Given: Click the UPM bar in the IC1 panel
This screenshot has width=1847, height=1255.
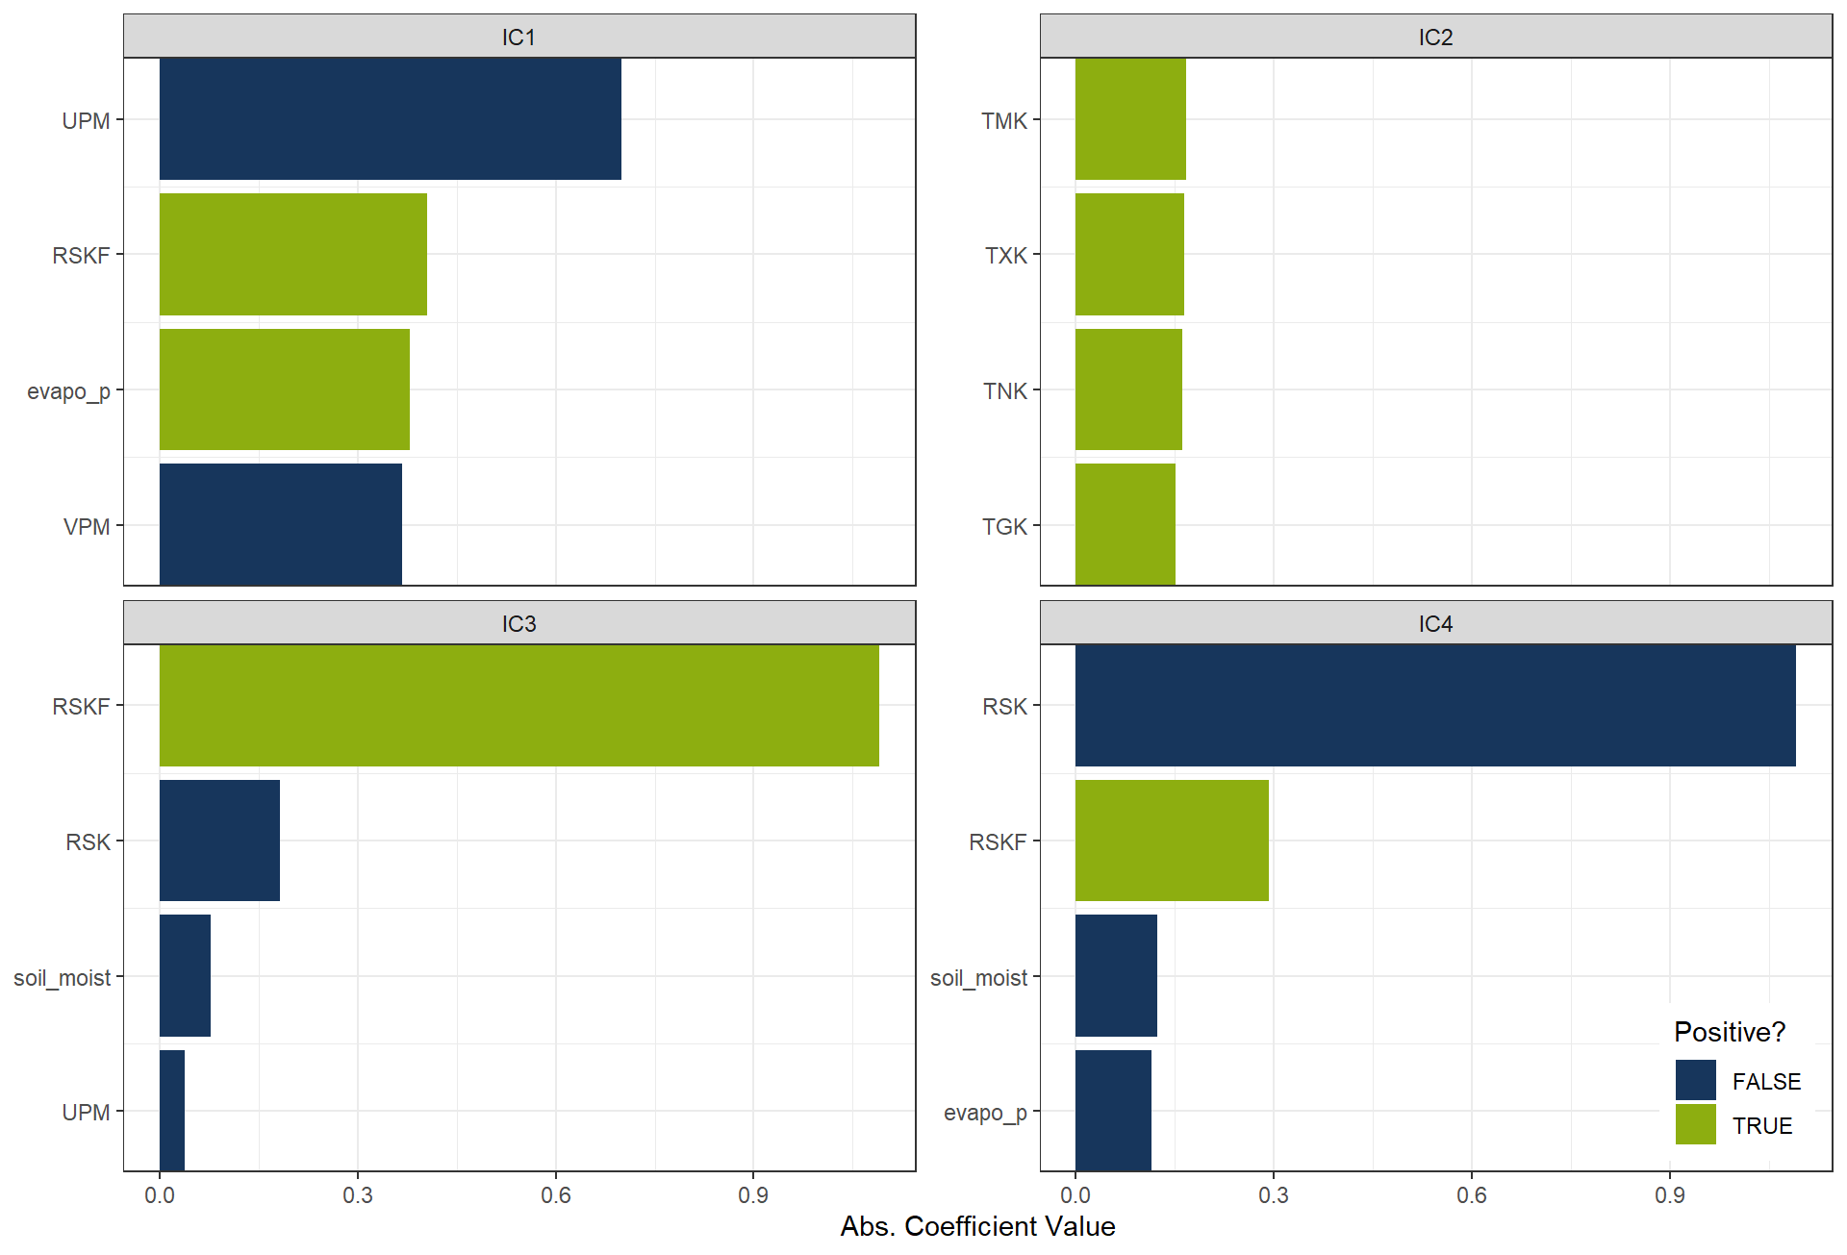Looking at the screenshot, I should pos(390,119).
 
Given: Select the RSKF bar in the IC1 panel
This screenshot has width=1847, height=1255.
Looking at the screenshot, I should pos(292,254).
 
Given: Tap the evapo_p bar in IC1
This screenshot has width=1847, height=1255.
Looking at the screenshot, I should pos(284,389).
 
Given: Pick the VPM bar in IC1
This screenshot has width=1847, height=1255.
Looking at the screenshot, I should pos(280,524).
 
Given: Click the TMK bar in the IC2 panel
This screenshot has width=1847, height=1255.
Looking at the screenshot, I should pos(1130,119).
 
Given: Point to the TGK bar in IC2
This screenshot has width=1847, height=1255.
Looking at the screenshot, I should pos(1125,524).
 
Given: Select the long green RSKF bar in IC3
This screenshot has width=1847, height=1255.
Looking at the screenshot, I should pos(519,705).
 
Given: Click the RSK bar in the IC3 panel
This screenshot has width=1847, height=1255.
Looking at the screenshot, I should pos(219,841).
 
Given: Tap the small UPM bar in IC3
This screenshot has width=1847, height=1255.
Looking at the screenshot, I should pos(172,1111).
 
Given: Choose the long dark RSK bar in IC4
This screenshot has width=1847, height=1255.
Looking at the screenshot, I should pos(1434,705).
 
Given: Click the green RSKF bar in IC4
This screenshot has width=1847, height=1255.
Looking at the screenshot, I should pos(1172,841).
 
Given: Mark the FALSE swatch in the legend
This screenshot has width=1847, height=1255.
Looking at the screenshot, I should pos(1695,1080).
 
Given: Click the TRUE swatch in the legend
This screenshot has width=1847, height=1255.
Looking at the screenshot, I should pos(1695,1124).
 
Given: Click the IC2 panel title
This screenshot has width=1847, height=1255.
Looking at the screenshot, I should pos(1435,37).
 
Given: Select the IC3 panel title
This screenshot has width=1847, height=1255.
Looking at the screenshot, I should pos(519,623).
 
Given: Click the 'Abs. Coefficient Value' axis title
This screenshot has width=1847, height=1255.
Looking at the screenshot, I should pos(977,1226).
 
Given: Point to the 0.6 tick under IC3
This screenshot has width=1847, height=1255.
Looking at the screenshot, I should pos(555,1195).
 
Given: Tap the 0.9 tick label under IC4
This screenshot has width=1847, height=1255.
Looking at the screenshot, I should pos(1669,1195).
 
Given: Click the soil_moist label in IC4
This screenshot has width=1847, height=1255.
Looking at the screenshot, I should pos(978,977).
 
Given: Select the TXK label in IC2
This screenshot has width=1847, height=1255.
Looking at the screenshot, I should pos(1005,255).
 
